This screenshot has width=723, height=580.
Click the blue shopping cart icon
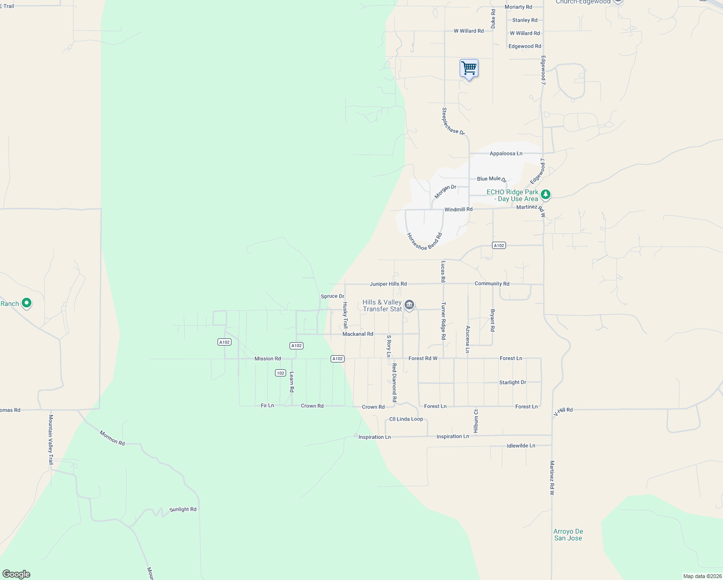click(x=469, y=68)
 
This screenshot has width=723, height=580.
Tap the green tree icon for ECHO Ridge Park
click(x=546, y=194)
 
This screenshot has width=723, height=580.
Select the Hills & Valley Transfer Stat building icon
click(x=409, y=304)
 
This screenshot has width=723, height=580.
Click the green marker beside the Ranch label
click(x=27, y=303)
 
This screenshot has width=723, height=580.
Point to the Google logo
click(x=16, y=574)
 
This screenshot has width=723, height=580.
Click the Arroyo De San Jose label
click(x=568, y=535)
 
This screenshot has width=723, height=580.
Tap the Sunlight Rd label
click(x=183, y=509)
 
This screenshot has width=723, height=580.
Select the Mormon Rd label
click(x=112, y=438)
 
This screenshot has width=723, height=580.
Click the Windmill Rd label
click(x=458, y=209)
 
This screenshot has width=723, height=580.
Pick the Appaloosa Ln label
click(x=506, y=153)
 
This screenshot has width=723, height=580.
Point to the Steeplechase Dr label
click(x=453, y=121)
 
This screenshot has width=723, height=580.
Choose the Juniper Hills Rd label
click(x=388, y=284)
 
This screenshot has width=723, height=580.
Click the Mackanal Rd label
click(x=358, y=334)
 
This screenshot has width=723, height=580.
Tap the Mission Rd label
click(x=267, y=359)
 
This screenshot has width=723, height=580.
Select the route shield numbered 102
click(x=280, y=373)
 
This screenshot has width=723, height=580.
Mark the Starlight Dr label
click(x=512, y=382)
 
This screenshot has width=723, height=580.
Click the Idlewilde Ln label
click(x=521, y=446)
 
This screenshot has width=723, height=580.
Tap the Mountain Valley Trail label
click(x=51, y=439)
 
